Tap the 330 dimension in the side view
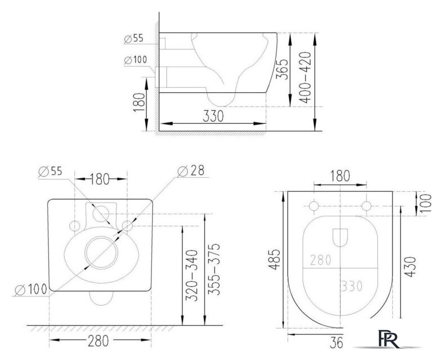(213, 116)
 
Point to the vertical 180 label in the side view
(141, 102)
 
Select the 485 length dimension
(272, 261)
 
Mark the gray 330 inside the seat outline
(351, 285)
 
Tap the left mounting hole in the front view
(74, 225)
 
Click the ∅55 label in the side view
(135, 39)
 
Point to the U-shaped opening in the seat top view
(341, 238)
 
